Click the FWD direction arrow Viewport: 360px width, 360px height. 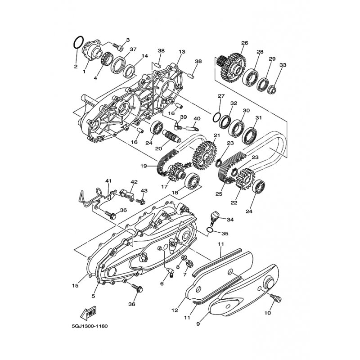(x=89, y=313)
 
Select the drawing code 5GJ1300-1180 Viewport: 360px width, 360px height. (x=90, y=326)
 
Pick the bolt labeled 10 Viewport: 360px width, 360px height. (x=276, y=298)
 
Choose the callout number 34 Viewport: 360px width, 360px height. (x=230, y=220)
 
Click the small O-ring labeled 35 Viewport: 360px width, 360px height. (x=210, y=230)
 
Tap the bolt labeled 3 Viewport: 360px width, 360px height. (x=118, y=48)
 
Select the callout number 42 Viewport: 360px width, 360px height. (x=134, y=182)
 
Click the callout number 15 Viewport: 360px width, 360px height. (x=75, y=286)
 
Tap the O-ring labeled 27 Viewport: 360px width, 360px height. (x=217, y=117)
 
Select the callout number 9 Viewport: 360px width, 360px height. (x=198, y=324)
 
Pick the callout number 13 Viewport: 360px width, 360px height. (x=182, y=52)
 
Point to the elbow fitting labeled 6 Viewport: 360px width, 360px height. (x=171, y=272)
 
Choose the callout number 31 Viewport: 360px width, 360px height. (x=258, y=118)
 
